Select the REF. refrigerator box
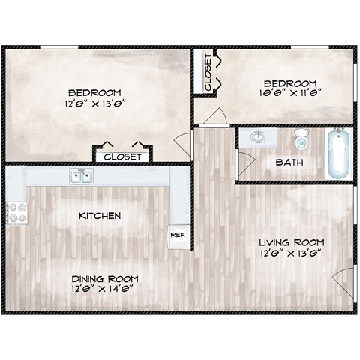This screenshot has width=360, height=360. (178, 234)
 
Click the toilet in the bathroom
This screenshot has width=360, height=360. (301, 140)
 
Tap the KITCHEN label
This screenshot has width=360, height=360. (100, 216)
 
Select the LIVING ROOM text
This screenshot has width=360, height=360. (291, 242)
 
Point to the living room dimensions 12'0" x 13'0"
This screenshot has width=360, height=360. (291, 253)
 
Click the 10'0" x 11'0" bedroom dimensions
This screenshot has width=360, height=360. (291, 94)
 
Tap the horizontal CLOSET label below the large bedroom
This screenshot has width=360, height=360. (121, 157)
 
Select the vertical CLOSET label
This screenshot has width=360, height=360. (207, 72)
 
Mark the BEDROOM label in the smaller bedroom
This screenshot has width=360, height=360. (290, 83)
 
